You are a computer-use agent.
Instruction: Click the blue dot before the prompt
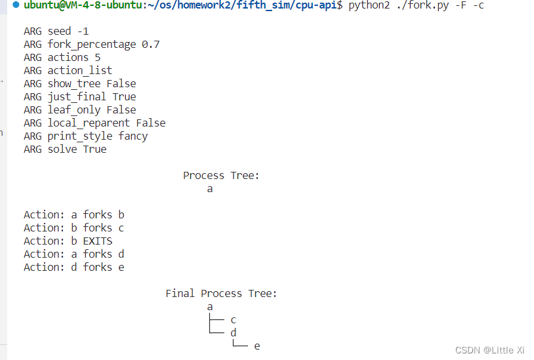coord(16,5)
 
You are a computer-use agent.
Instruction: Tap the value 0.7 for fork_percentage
coord(151,45)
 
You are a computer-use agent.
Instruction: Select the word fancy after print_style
coord(133,136)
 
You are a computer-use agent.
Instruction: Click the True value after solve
coord(94,150)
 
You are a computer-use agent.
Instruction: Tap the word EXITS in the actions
coord(98,241)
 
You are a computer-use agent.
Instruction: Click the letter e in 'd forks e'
coord(121,268)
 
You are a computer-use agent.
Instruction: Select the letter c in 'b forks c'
coord(121,228)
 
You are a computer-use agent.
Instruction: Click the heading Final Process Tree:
coord(221,294)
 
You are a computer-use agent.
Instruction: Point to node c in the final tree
coord(234,320)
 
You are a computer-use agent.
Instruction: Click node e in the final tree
coord(257,346)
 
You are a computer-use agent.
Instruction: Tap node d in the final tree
coord(234,333)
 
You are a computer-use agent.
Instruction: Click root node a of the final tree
coord(210,307)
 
